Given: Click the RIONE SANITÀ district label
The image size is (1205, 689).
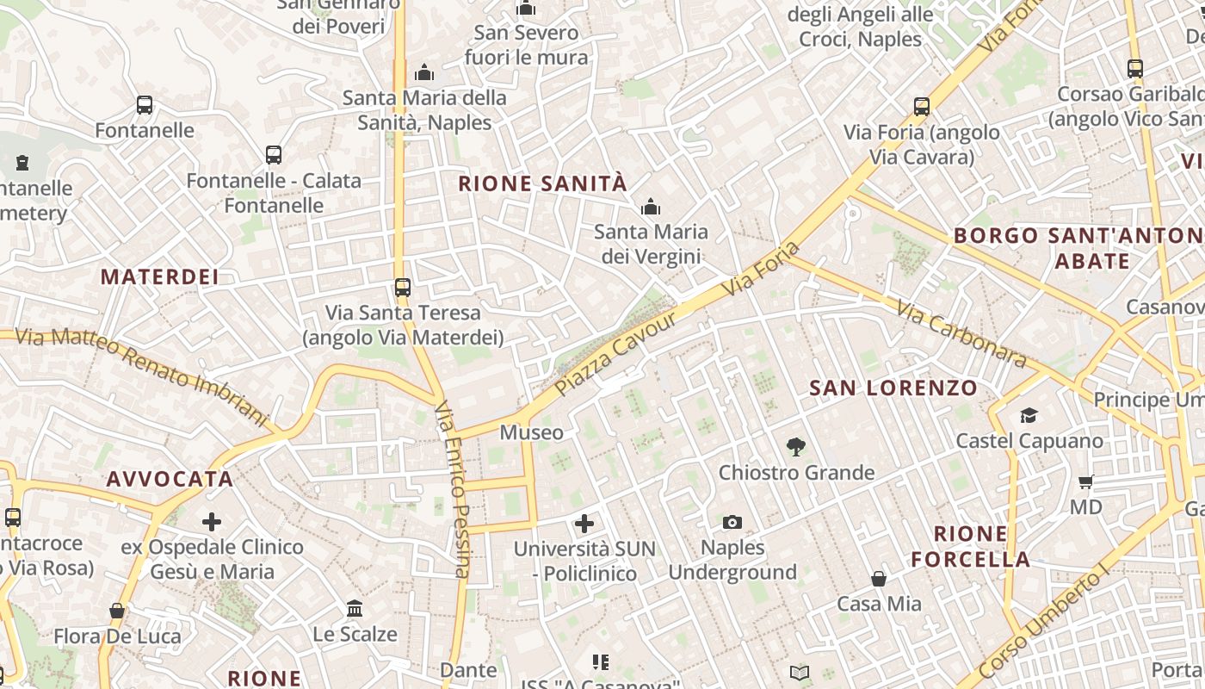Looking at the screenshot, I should click(542, 183).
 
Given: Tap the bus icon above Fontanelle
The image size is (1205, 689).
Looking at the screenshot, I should click(145, 105).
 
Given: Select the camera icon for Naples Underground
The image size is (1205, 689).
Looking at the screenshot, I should click(732, 522).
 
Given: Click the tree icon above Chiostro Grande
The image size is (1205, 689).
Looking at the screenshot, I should click(796, 447).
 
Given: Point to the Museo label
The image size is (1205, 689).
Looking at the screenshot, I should click(532, 432).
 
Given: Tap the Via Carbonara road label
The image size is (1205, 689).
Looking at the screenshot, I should click(961, 333).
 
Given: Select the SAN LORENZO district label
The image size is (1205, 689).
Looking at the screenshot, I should click(893, 388).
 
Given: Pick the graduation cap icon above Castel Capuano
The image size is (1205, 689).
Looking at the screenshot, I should click(1029, 416).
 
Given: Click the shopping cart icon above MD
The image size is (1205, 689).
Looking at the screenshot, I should click(1086, 481).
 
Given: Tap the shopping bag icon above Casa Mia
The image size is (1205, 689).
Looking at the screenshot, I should click(879, 579).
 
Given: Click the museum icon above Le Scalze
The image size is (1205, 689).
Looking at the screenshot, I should click(355, 609).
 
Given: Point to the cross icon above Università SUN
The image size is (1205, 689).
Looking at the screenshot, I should click(584, 523).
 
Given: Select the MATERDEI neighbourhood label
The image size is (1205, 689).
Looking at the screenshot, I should click(159, 276).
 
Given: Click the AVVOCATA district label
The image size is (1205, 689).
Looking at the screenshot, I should click(170, 479).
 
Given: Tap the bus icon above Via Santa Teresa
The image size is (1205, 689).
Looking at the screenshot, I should click(402, 287).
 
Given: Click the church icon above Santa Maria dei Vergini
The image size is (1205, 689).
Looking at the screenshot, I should click(651, 207).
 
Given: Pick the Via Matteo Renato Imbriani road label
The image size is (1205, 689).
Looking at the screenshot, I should click(142, 376).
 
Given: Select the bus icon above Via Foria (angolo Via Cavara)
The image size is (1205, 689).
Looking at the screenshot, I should click(922, 107).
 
